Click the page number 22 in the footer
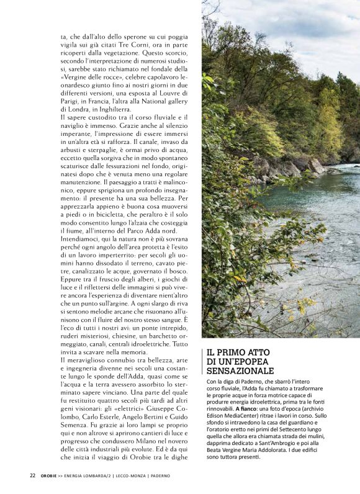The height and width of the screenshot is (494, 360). (32, 476)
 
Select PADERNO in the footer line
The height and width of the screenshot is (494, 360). (158, 476)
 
